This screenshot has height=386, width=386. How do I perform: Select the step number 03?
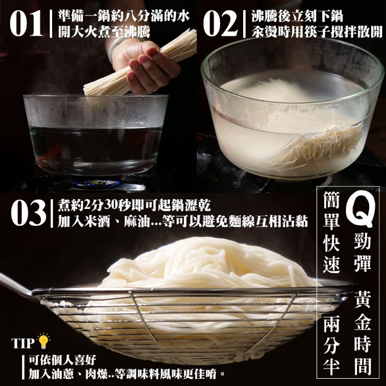coord(28,212)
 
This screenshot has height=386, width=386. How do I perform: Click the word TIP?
coord(23,344)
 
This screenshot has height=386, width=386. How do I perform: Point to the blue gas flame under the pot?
coord(95,184)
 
